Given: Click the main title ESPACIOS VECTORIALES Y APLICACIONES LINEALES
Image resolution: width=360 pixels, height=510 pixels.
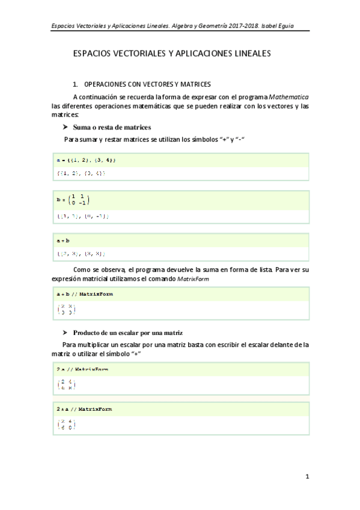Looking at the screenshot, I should point(172,54).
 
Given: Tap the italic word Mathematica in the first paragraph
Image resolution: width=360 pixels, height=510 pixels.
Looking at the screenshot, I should point(288,96).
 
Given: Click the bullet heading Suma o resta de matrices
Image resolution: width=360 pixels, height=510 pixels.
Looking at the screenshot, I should point(111,127).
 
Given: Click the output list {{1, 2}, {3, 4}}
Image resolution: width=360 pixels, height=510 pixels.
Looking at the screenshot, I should point(81,173).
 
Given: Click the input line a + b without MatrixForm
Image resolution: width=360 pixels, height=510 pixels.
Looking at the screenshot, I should point(64,241).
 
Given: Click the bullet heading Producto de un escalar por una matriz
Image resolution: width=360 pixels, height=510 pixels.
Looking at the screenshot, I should point(127,333).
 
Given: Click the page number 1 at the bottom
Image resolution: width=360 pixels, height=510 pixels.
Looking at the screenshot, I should point(307,477).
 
